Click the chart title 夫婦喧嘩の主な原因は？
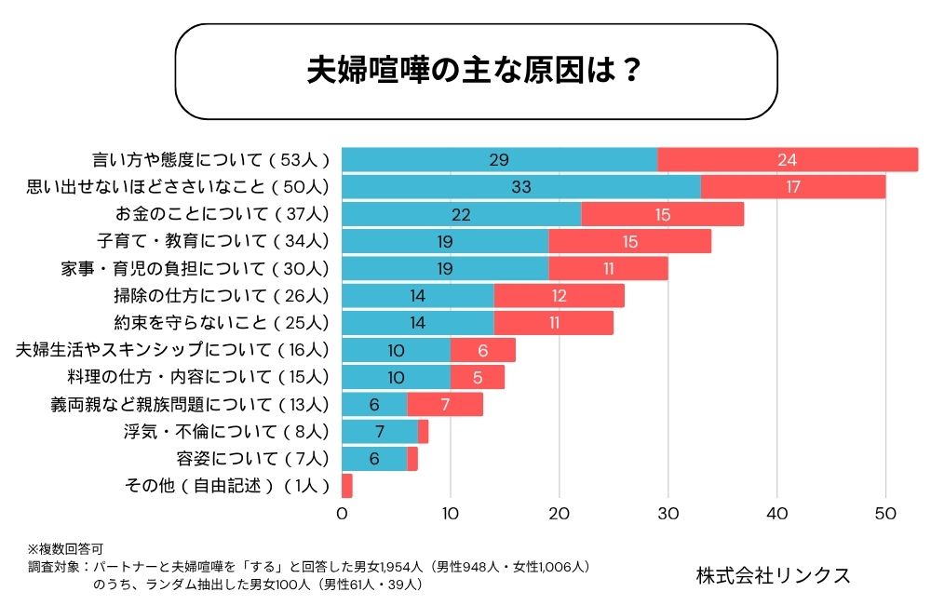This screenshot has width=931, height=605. [475, 71]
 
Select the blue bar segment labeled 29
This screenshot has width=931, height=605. [499, 160]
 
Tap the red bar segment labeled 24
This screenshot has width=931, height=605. [788, 160]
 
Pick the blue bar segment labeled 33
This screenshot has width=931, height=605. [520, 187]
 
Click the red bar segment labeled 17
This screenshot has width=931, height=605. [793, 187]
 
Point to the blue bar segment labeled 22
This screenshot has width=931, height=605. [461, 214]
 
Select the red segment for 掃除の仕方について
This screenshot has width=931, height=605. [559, 296]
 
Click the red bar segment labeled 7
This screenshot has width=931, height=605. [445, 404]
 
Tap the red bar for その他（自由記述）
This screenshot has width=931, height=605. [347, 485]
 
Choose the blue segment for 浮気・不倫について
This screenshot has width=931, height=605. [380, 431]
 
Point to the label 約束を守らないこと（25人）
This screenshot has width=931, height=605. [222, 323]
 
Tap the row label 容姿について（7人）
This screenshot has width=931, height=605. [252, 458]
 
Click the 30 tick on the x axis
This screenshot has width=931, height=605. [668, 513]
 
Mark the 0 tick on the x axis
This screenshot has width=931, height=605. [342, 513]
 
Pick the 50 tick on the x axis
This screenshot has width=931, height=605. [885, 513]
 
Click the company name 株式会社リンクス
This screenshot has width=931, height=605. [773, 575]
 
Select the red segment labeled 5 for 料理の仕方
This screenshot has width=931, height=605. [478, 377]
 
